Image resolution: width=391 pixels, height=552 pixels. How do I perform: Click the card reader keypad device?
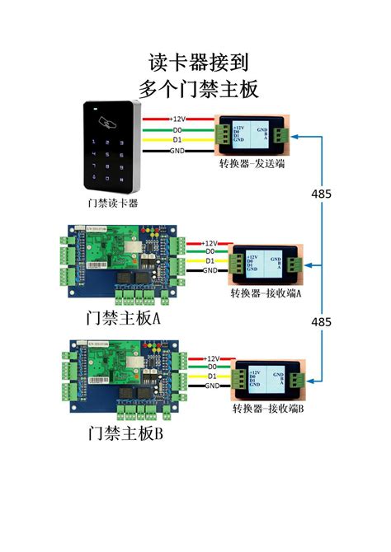112,146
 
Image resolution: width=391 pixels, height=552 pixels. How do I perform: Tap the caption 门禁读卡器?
112,202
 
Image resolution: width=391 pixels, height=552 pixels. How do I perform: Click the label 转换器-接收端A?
266,292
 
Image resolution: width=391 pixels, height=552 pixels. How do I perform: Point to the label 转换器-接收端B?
268,408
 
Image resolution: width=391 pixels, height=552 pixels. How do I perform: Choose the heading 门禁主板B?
125,433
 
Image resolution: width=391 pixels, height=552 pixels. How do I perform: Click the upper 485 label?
322,194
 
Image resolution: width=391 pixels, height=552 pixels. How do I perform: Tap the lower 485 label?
322,319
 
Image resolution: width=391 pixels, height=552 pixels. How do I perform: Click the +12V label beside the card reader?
178,119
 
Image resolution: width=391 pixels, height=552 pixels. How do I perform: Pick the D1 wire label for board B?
211,376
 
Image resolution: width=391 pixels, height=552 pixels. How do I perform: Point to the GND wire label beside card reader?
177,151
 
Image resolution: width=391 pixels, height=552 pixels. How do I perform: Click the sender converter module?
252,133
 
